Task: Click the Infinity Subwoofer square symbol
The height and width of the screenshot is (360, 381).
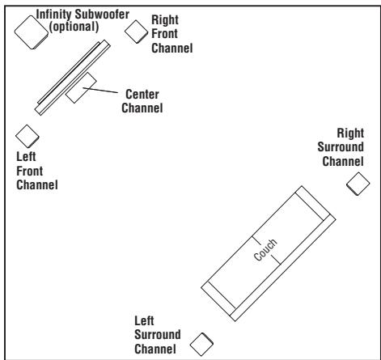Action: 30,32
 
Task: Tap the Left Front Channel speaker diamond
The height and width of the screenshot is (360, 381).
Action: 28,134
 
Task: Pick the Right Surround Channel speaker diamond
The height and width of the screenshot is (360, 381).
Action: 355,184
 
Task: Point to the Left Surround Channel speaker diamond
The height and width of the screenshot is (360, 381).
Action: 201,344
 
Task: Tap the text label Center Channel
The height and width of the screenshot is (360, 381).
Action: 142,100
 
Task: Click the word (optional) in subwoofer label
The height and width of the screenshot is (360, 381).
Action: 74,27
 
